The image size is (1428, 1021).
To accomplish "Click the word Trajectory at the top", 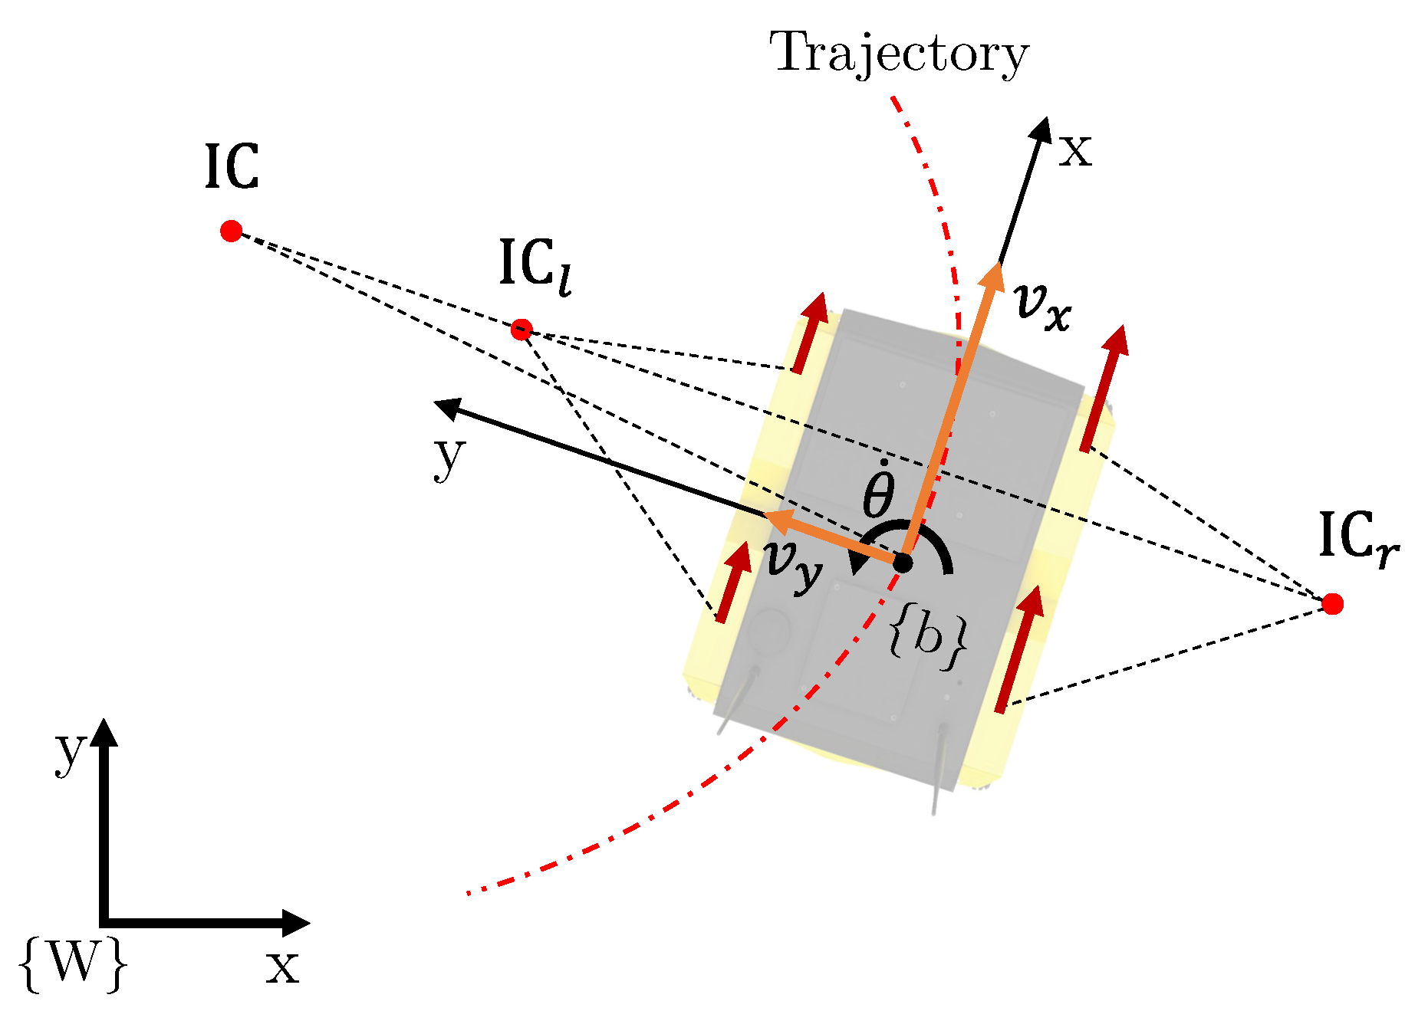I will click(x=898, y=54).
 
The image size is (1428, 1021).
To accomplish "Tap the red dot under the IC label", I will click(x=231, y=231).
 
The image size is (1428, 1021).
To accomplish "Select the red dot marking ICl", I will click(x=522, y=330).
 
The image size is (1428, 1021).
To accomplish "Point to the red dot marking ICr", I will click(x=1333, y=604).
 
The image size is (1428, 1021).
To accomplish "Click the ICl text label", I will click(x=535, y=266).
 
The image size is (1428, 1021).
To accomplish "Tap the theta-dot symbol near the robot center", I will click(x=879, y=491).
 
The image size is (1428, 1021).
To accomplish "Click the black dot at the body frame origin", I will click(x=903, y=563).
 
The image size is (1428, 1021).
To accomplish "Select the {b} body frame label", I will click(x=927, y=637).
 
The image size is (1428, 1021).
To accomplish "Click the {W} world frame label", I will click(x=73, y=964).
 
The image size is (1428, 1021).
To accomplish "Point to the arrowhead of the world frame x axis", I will click(x=298, y=923).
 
